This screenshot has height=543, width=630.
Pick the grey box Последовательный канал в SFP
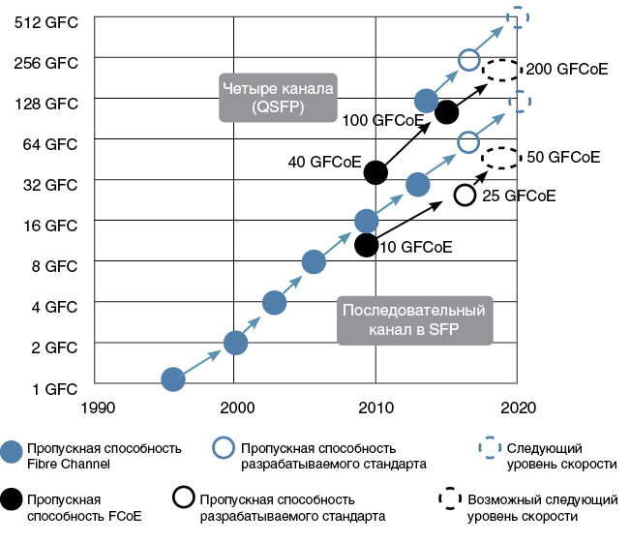[x=414, y=320]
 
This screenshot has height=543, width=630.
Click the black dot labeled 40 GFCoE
[x=375, y=172]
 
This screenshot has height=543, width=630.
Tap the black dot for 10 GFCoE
[x=366, y=244]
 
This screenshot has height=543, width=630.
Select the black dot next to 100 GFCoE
[x=446, y=112]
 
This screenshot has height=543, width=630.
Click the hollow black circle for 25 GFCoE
[x=465, y=196]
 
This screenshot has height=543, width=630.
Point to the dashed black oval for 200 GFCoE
[x=500, y=70]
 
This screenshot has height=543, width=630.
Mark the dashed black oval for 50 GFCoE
[x=499, y=157]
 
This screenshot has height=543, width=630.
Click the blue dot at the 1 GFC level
[x=173, y=379]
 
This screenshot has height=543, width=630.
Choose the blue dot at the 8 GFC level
[x=313, y=261]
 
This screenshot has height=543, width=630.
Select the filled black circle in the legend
[x=14, y=498]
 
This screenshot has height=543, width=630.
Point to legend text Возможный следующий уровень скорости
[x=542, y=508]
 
